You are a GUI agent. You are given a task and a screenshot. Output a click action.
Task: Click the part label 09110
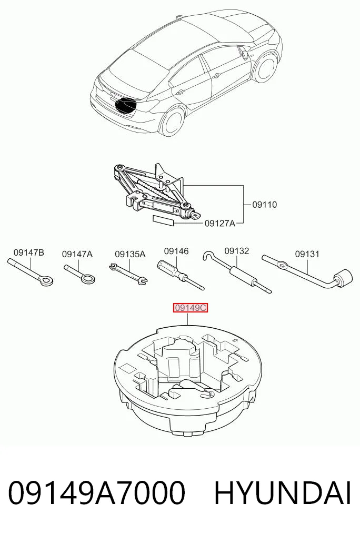point(264,205)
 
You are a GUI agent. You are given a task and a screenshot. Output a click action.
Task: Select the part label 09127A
point(220,224)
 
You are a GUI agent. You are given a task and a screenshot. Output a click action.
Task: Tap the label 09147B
point(29,253)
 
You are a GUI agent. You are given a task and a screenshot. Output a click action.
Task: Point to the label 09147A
point(77,254)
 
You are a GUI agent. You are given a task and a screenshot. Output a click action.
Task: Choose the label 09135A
point(130,254)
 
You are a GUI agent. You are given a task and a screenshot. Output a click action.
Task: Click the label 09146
point(176,251)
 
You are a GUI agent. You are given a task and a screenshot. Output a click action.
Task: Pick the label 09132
point(236,251)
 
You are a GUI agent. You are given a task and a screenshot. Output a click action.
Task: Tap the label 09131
point(307,254)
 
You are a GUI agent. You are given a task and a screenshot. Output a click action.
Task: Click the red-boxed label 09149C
point(191,308)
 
